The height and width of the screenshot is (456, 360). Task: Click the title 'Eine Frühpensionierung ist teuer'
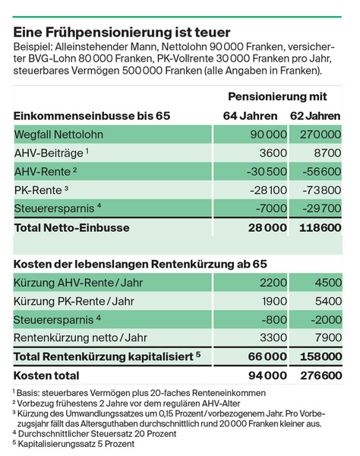click(122, 32)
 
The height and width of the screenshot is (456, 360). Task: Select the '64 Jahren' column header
click(250, 116)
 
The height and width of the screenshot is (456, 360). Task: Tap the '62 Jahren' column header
click(315, 116)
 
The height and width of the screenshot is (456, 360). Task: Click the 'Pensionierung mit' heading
click(277, 97)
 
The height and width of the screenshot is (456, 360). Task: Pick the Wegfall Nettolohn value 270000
click(321, 135)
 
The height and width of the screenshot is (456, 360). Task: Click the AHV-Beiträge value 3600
click(273, 153)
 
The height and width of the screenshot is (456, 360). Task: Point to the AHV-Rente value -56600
click(322, 172)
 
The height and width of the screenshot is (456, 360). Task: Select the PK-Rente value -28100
click(268, 190)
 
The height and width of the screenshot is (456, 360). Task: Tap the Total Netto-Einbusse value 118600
click(321, 228)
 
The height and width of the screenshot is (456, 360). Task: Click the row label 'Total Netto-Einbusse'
click(71, 228)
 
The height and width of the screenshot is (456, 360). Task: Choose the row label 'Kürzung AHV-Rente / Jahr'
click(78, 283)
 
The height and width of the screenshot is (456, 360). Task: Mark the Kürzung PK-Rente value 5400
click(328, 301)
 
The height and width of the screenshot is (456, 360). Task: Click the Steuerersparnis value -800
click(274, 320)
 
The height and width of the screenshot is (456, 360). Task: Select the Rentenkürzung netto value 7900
click(328, 337)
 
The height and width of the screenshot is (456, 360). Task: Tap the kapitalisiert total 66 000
click(267, 356)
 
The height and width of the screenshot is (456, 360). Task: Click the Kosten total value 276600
click(321, 375)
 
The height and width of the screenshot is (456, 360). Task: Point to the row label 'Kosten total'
click(46, 375)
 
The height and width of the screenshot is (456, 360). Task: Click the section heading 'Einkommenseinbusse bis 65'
click(92, 116)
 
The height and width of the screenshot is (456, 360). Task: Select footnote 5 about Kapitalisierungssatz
click(74, 444)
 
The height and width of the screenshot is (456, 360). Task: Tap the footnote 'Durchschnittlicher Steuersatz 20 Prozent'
click(94, 434)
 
